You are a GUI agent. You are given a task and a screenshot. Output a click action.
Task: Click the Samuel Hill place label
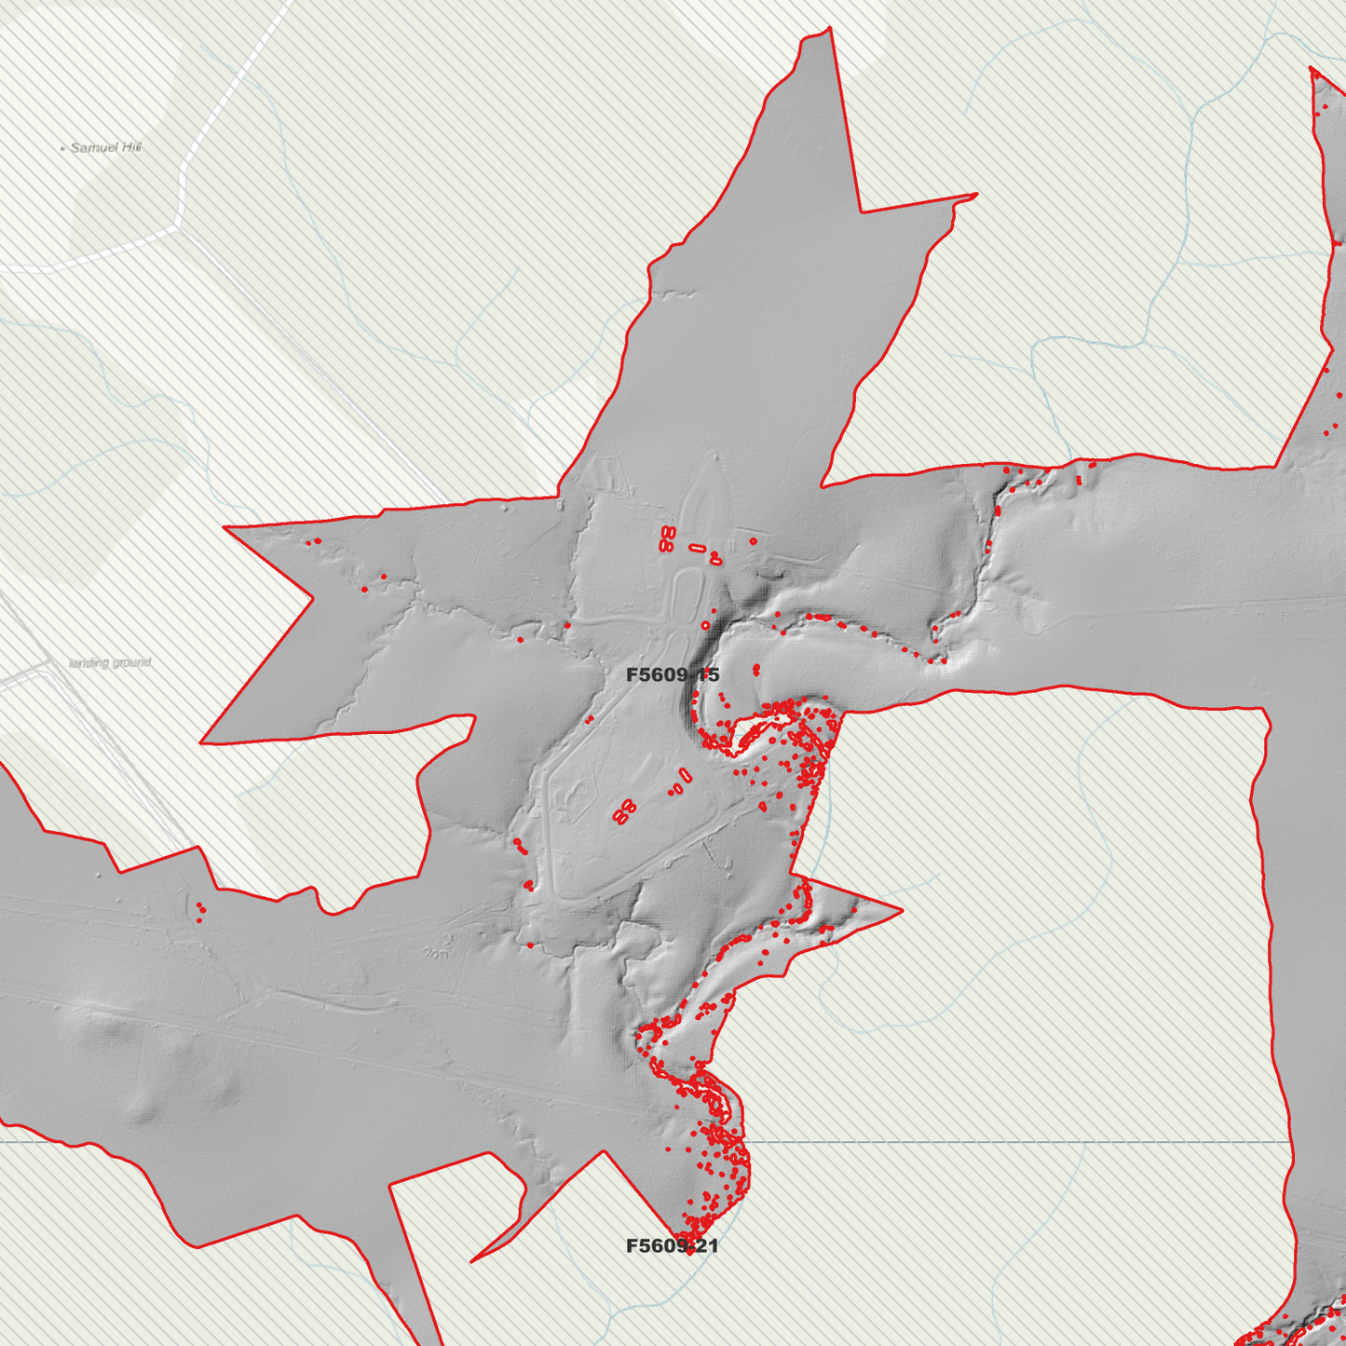(x=106, y=147)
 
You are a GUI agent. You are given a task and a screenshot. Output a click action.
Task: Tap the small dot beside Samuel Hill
(x=62, y=148)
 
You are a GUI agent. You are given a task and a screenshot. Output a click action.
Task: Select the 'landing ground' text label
(x=110, y=662)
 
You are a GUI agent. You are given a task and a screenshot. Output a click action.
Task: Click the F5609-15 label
(x=673, y=674)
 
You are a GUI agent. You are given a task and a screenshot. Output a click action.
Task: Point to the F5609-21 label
(x=673, y=1245)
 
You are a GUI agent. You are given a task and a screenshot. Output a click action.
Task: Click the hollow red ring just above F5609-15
(x=705, y=625)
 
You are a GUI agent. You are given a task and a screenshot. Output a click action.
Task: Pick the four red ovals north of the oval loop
(x=666, y=538)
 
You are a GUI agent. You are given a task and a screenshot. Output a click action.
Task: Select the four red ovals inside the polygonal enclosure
(x=623, y=811)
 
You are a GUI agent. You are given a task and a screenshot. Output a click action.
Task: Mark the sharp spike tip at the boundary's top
(x=828, y=28)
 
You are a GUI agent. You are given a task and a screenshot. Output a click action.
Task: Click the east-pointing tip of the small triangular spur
(x=902, y=910)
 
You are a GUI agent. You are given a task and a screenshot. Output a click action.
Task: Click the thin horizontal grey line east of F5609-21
(x=1025, y=1141)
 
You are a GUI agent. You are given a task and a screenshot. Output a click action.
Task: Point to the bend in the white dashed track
(x=179, y=224)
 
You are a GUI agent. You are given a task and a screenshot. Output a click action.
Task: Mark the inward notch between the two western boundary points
(x=313, y=596)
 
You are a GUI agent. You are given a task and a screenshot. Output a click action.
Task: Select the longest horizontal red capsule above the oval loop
(x=698, y=549)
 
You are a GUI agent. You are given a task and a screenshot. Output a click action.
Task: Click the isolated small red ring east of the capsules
(x=753, y=540)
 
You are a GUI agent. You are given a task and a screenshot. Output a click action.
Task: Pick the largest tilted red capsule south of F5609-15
(x=686, y=774)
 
